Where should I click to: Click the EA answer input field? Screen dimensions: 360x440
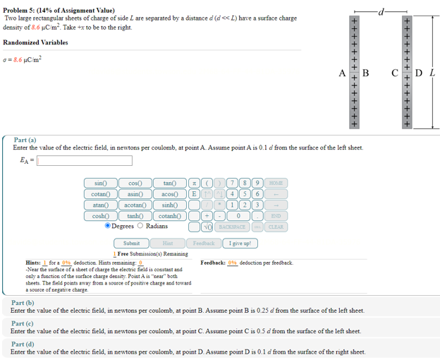click(85, 160)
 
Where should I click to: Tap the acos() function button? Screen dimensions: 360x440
click(169, 193)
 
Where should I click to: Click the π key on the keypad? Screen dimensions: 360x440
click(193, 183)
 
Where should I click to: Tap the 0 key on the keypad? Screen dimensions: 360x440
click(239, 216)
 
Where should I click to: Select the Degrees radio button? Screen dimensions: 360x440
click(108, 226)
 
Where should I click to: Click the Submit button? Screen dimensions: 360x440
click(131, 243)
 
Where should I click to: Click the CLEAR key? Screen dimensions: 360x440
click(276, 227)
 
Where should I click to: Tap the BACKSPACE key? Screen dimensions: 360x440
click(231, 227)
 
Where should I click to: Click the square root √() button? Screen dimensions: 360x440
click(207, 227)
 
